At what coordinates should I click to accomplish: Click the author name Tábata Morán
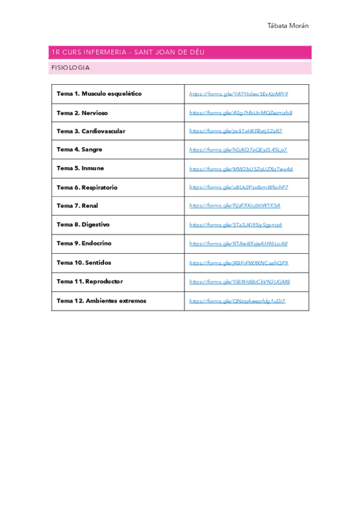point(288,26)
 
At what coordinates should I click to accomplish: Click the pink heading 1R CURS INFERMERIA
point(128,52)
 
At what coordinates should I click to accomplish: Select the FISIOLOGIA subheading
point(71,68)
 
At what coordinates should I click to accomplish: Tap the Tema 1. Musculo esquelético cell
point(99,94)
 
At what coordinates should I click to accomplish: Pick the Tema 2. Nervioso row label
point(82,112)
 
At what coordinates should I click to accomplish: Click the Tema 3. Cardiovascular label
point(91,131)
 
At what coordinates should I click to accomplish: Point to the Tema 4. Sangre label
point(79,150)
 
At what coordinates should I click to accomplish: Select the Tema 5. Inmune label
point(80,168)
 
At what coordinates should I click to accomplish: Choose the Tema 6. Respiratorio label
point(87,188)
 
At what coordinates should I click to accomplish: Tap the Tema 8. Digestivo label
point(83,224)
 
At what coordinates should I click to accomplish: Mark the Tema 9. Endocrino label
point(84,244)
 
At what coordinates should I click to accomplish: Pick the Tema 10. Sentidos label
point(84,263)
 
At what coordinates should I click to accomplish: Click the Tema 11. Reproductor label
point(90,281)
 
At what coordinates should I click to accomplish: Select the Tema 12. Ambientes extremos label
point(102,301)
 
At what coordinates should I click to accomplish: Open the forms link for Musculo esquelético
point(239,94)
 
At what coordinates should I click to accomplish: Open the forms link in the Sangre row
point(238,150)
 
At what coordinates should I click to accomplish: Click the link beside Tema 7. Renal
point(234,206)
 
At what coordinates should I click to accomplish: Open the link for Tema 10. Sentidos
point(239,263)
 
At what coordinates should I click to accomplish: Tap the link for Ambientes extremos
point(237,301)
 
